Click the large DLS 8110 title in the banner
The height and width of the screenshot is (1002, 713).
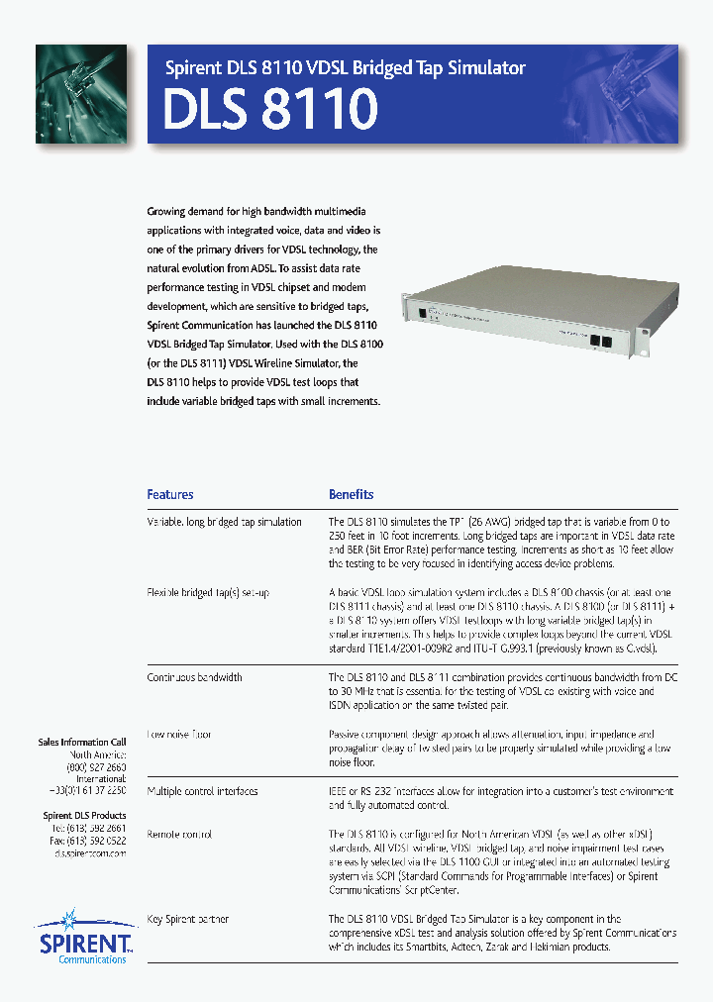pyautogui.click(x=270, y=109)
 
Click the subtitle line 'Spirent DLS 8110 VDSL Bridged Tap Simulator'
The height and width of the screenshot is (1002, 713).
pyautogui.click(x=345, y=67)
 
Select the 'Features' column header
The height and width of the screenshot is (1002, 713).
pyautogui.click(x=170, y=494)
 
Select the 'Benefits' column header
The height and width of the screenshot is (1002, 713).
pyautogui.click(x=352, y=494)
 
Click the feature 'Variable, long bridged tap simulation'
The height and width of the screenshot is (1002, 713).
pyautogui.click(x=224, y=522)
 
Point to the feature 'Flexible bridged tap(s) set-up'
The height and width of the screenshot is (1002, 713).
pyautogui.click(x=208, y=592)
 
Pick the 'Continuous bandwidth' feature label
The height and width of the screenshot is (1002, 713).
pyautogui.click(x=194, y=677)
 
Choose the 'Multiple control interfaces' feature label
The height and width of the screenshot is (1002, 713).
pyautogui.click(x=202, y=791)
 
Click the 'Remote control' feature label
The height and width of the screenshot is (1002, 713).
pyautogui.click(x=179, y=834)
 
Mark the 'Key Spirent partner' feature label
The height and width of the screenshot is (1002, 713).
pyautogui.click(x=188, y=919)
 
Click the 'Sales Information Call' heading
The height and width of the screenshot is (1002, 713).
pyautogui.click(x=81, y=742)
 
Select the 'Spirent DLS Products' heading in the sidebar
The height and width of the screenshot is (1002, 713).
pyautogui.click(x=84, y=815)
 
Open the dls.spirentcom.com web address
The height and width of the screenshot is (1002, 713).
pyautogui.click(x=90, y=852)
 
